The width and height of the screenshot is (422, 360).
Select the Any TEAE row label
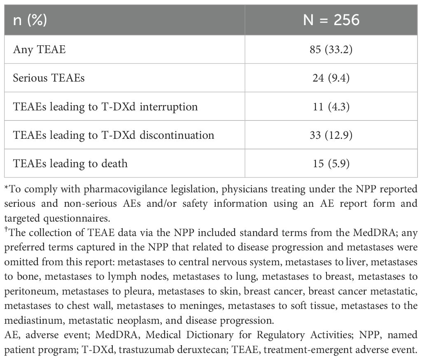(39, 50)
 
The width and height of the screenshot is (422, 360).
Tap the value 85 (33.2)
(331, 50)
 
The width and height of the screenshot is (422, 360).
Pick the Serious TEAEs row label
(49, 78)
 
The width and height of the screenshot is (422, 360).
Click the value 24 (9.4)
(331, 78)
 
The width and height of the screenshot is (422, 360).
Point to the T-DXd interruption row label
(105, 107)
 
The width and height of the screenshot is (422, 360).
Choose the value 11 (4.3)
(331, 107)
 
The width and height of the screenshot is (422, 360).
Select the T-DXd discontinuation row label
(114, 135)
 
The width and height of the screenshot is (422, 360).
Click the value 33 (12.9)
(331, 135)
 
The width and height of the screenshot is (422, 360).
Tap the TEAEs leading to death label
(70, 164)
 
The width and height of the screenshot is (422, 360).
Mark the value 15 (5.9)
(331, 164)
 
